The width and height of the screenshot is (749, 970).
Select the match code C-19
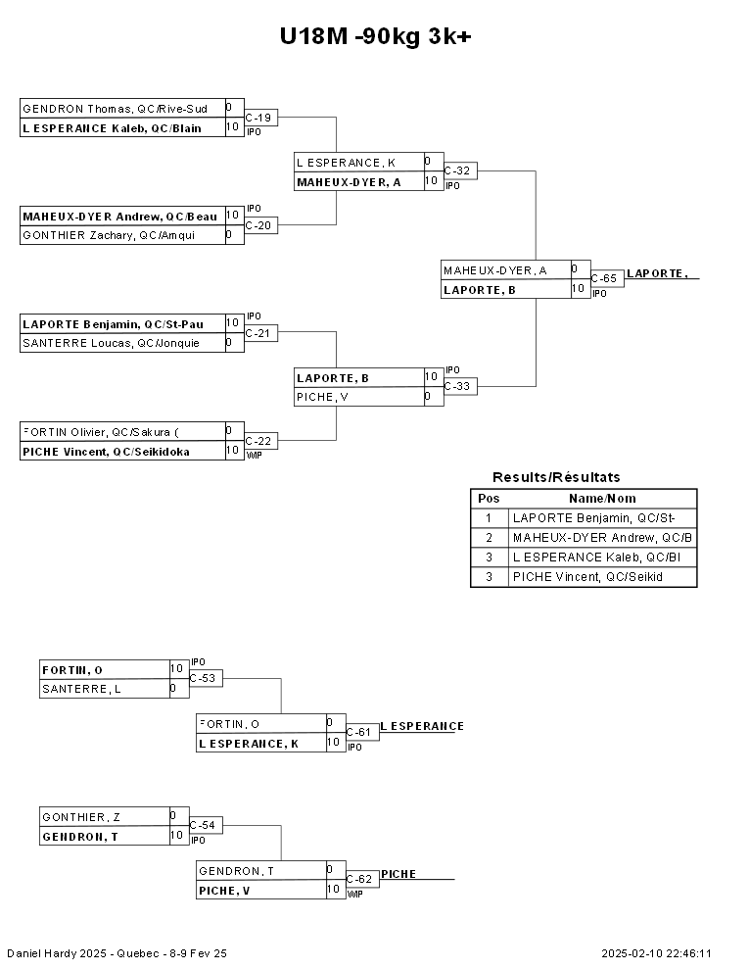[258, 119]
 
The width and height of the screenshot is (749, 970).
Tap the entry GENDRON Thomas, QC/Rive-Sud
[115, 109]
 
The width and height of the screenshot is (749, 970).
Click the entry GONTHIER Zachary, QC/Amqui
[108, 235]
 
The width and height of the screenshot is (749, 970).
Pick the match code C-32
[457, 171]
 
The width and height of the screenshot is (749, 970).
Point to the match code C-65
[604, 279]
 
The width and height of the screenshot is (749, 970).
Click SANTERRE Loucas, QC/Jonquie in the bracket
[111, 343]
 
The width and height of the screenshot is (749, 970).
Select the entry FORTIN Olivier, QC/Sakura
[101, 431]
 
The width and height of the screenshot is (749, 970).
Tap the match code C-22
[258, 442]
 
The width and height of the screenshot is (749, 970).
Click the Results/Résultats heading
[556, 477]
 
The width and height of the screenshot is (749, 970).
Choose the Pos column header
[489, 499]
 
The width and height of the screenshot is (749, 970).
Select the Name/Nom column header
[602, 499]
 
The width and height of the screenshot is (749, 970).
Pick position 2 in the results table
[489, 538]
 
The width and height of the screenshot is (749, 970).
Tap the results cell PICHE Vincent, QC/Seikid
[587, 577]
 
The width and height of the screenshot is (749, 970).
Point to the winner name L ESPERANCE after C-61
[422, 726]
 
